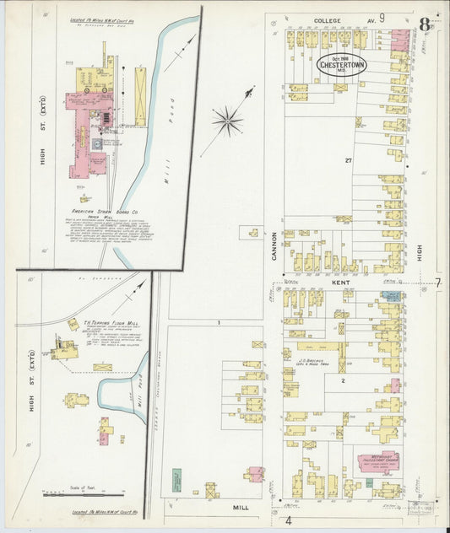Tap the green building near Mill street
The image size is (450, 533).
pos(176,480)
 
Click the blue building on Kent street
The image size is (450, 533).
pos(390,297)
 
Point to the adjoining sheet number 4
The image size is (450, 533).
pos(289,520)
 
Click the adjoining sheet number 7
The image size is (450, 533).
pos(437,283)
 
